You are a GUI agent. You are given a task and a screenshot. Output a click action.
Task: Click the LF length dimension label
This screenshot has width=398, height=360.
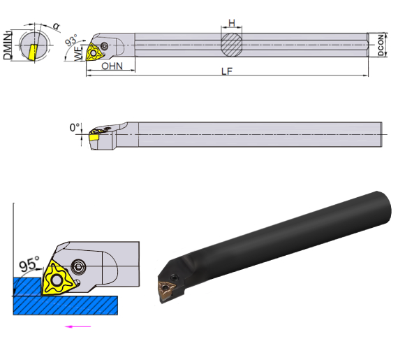tap(227, 71)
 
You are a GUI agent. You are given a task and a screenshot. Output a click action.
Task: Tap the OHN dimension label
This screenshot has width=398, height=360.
tap(112, 66)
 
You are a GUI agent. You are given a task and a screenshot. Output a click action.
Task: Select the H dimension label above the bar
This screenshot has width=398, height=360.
tap(232, 23)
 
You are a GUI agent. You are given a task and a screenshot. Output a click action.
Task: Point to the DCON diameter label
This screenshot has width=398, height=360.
tap(381, 45)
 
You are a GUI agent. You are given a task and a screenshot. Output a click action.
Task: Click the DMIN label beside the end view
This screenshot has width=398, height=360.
tap(8, 45)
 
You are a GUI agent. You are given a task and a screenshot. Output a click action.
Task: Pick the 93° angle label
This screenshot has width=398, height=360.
tap(71, 40)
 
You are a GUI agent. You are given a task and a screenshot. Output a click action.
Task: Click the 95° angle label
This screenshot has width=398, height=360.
tap(29, 264)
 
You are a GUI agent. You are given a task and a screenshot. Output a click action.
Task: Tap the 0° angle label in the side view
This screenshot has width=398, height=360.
tap(75, 127)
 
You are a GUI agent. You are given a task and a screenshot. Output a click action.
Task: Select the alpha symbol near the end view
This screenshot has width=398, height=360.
tap(57, 26)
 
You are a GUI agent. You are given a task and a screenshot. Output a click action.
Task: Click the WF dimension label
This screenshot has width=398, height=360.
tap(79, 53)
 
